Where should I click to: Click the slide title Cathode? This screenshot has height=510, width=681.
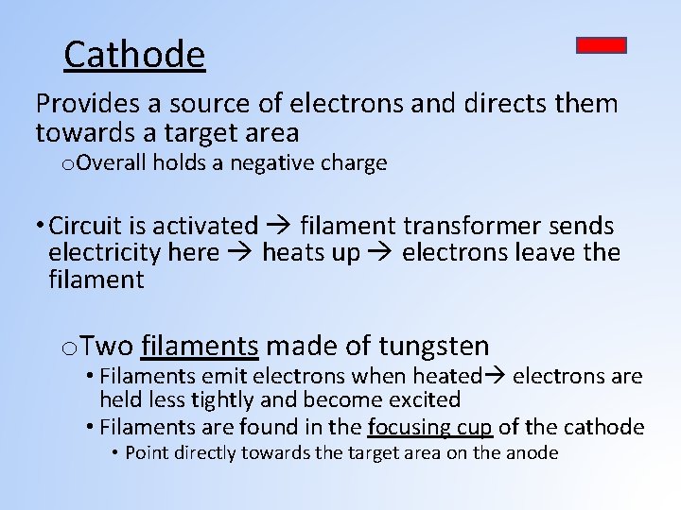point(133,55)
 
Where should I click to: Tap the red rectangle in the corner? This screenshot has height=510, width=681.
point(602,45)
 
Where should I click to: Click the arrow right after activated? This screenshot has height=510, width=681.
point(279,227)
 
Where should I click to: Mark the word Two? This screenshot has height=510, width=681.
point(113,346)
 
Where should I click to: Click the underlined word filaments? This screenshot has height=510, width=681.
point(200,346)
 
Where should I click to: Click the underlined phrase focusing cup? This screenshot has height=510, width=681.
point(430,427)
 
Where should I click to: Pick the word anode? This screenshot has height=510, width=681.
point(533,452)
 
